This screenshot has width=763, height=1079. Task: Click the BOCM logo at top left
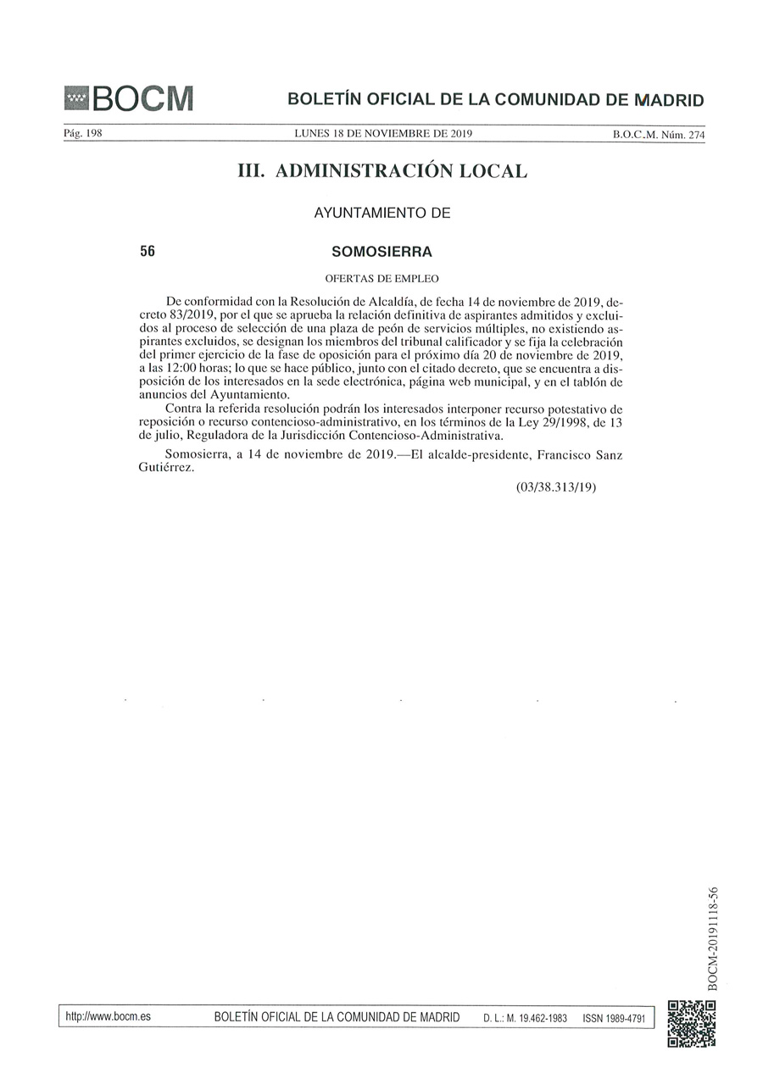(129, 99)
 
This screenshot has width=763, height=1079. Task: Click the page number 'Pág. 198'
(83, 134)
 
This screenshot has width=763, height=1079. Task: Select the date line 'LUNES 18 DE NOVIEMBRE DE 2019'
(382, 134)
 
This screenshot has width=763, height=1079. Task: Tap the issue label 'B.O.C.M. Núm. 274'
(659, 135)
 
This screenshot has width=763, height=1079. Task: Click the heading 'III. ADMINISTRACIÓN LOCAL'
(382, 171)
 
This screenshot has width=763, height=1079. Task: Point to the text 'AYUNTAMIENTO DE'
(382, 214)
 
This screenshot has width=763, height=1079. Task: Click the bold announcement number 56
(148, 252)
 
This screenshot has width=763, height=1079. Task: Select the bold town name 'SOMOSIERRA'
(382, 252)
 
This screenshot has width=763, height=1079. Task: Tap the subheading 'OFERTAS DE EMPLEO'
(382, 278)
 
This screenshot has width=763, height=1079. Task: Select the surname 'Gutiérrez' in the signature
(165, 469)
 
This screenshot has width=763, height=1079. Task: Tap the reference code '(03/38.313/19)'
(556, 488)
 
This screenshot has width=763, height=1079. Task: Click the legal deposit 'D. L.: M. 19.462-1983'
(525, 1017)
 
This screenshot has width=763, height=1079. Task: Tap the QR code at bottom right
(692, 1024)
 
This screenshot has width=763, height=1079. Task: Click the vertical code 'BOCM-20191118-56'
(713, 937)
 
